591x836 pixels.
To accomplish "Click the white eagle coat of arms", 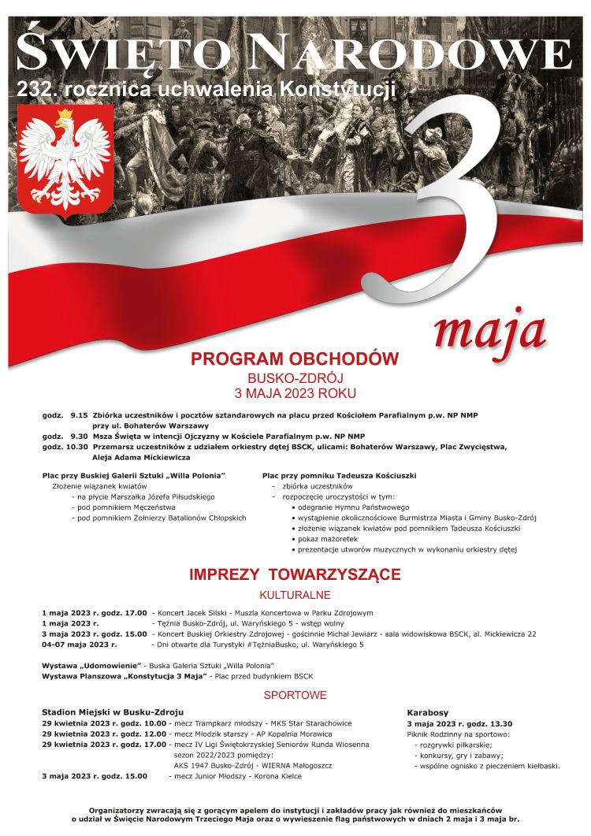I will [54, 162].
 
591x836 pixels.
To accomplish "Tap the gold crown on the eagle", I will [64, 115].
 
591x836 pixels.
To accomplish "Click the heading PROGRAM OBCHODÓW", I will [295, 359].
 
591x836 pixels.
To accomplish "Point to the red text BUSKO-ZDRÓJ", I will [295, 378].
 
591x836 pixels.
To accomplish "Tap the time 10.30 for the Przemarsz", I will [76, 447].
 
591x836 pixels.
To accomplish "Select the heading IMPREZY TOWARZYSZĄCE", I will [295, 574].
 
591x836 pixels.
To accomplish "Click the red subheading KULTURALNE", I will [295, 595].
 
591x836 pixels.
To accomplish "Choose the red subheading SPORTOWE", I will [295, 696].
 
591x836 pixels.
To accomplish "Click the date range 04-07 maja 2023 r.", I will [80, 645].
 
